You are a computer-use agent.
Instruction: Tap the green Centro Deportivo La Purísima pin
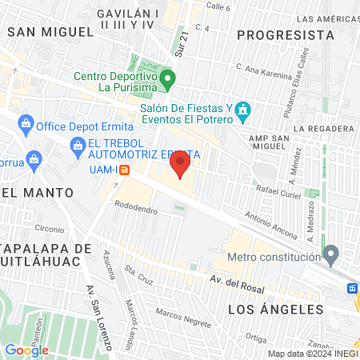pyautogui.click(x=167, y=79)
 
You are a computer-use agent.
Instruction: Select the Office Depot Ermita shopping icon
pyautogui.click(x=26, y=125)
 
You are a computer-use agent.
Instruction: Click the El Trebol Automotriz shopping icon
pyautogui.click(x=78, y=145)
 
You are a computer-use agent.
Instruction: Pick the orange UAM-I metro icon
pyautogui.click(x=122, y=170)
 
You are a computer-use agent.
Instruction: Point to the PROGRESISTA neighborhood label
pyautogui.click(x=286, y=34)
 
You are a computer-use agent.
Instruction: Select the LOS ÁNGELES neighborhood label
pyautogui.click(x=275, y=309)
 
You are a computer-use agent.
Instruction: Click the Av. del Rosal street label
pyautogui.click(x=236, y=279)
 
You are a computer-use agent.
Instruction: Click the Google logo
pyautogui.click(x=26, y=350)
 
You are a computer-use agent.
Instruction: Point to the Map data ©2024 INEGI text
pyautogui.click(x=312, y=354)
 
